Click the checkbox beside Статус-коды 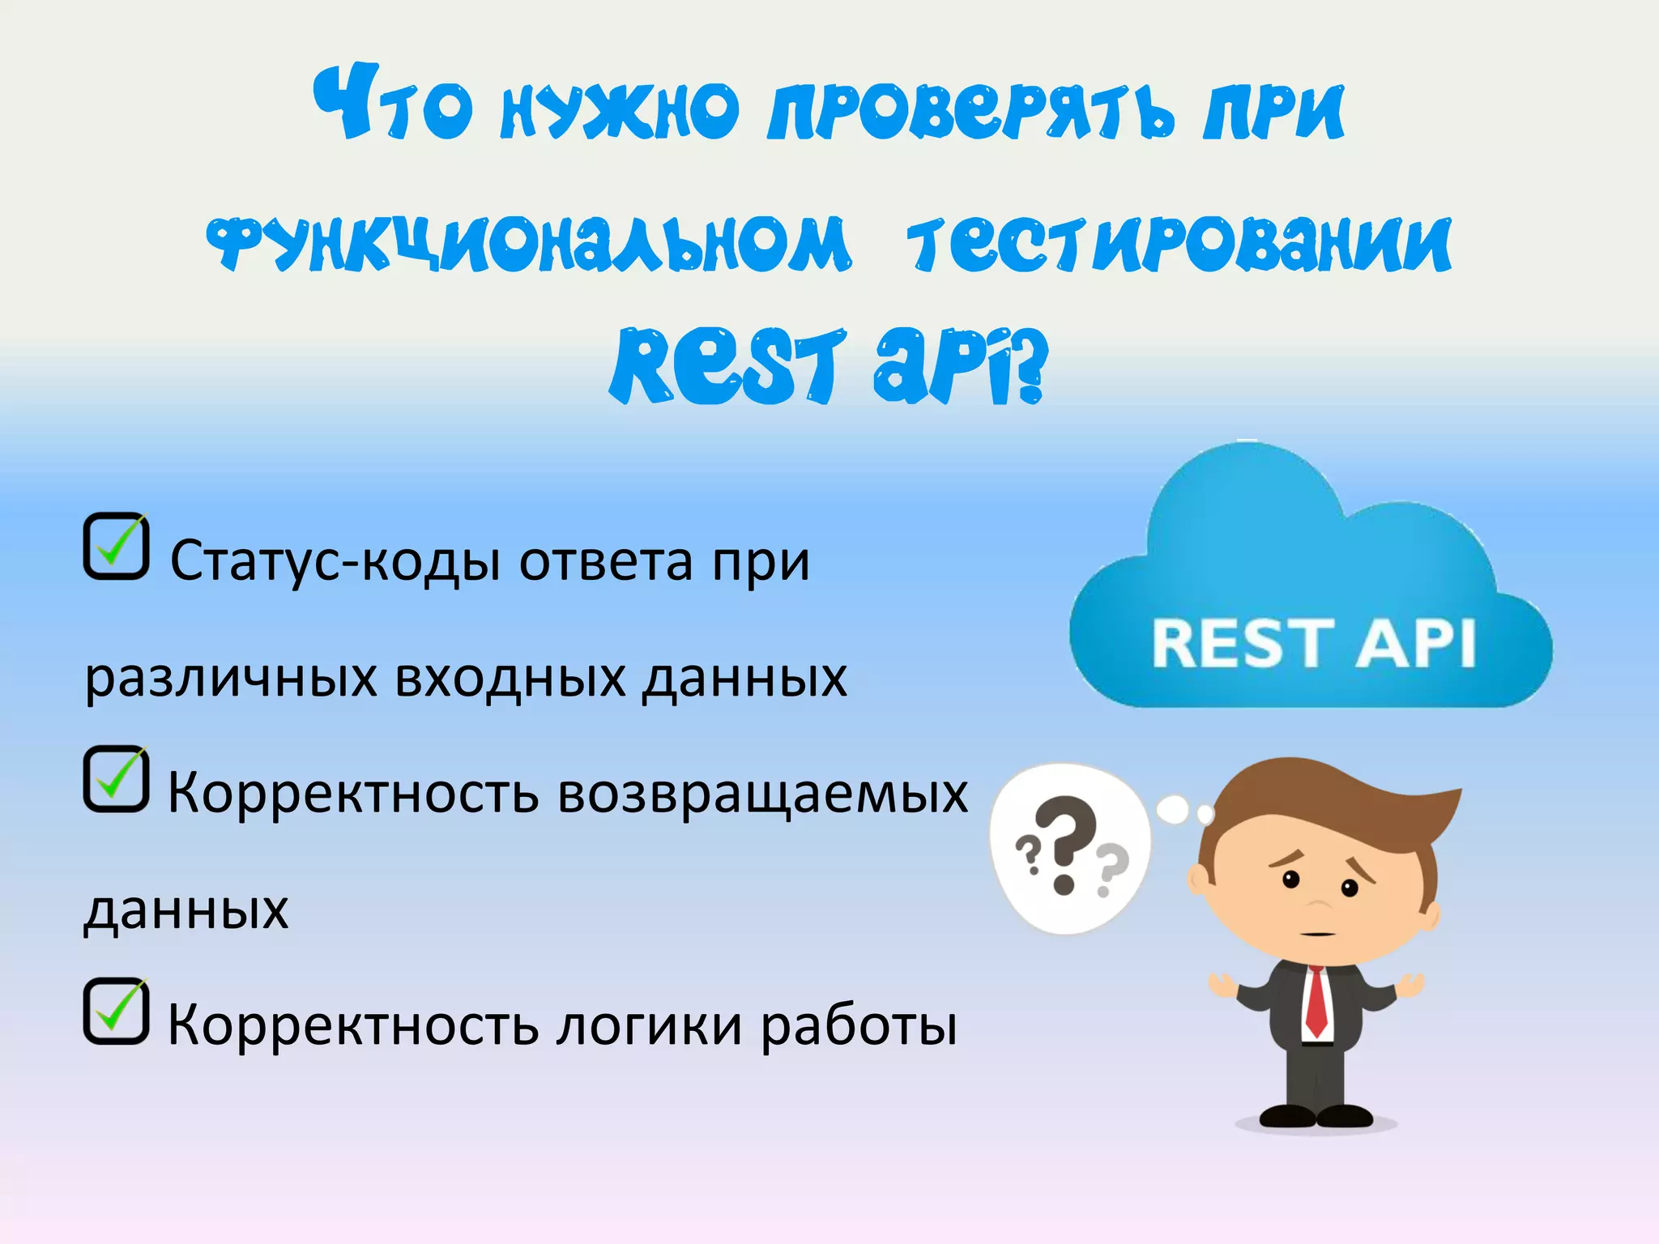[x=116, y=547]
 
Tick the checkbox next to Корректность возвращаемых [x=116, y=779]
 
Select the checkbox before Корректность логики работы [x=116, y=1012]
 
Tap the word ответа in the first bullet [x=606, y=561]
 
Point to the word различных [x=231, y=679]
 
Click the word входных [x=510, y=677]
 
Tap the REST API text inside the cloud [x=1313, y=644]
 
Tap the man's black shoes [x=1316, y=1116]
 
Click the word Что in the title [x=394, y=105]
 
